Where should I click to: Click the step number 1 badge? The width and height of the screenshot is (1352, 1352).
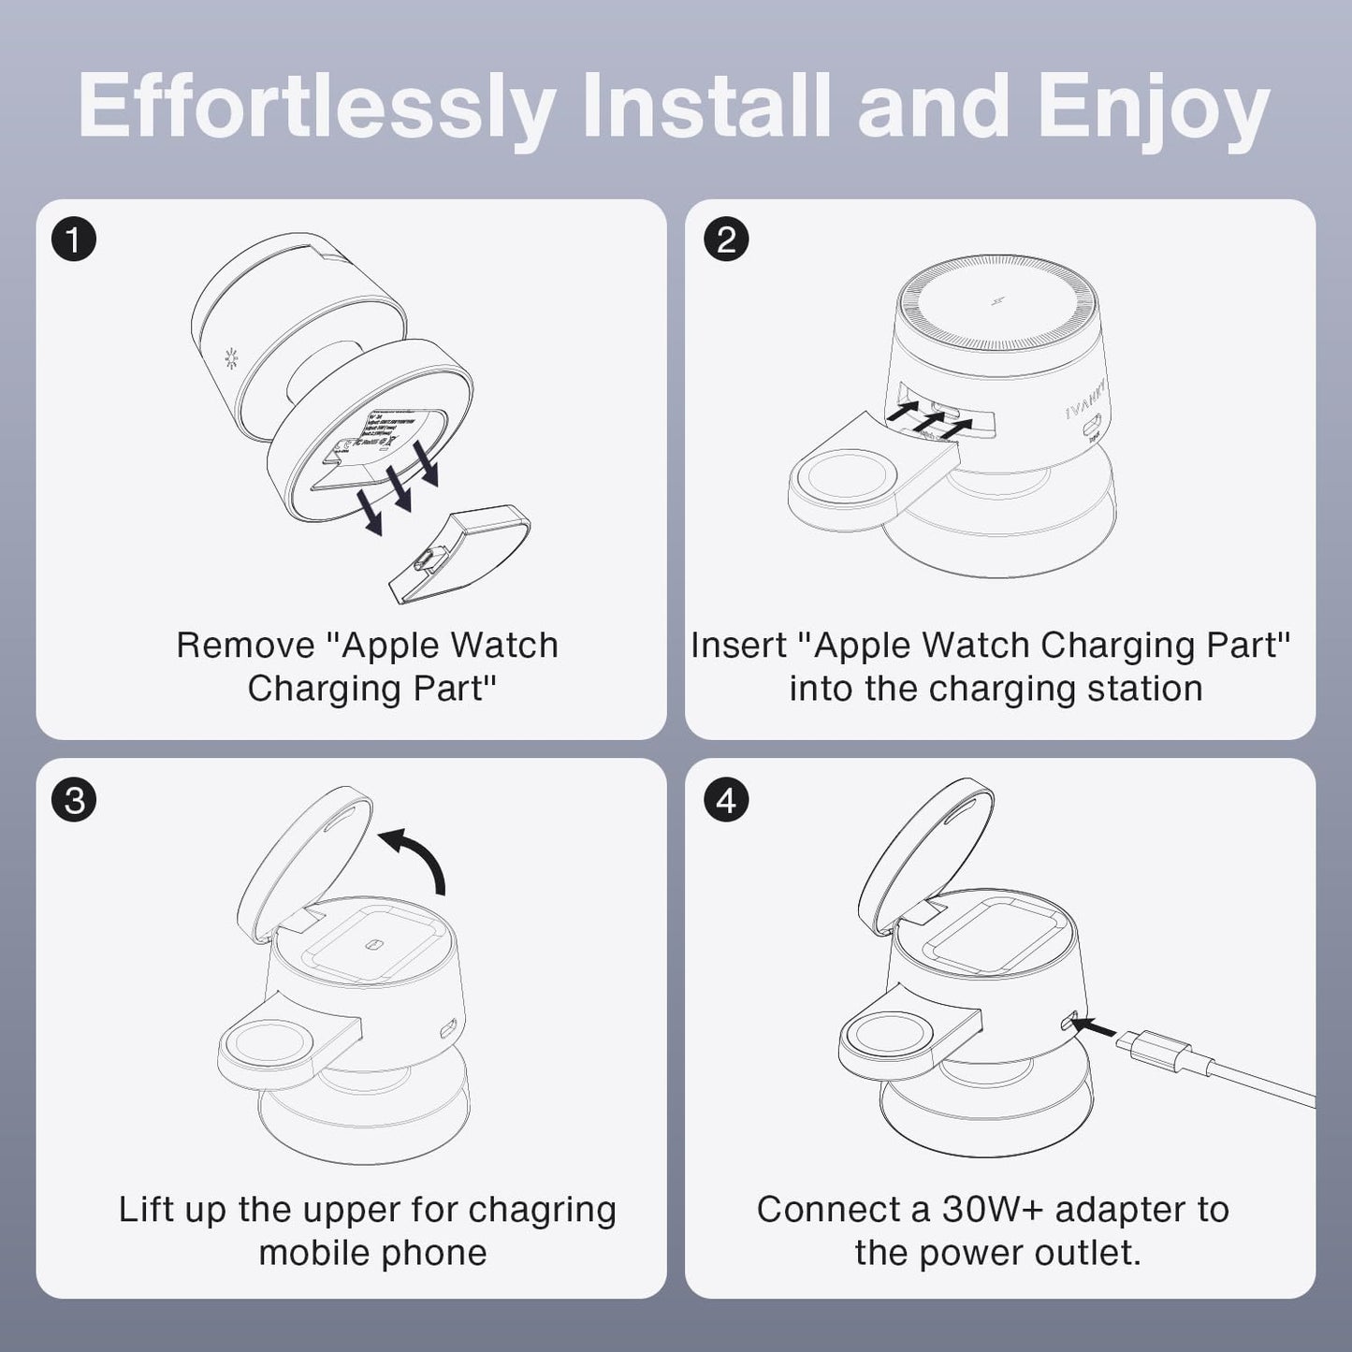(x=74, y=240)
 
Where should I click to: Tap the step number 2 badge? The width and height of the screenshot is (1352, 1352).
(x=726, y=240)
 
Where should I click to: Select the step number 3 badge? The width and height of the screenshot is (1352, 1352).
(x=74, y=801)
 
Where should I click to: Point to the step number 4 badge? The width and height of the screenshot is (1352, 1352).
(x=726, y=801)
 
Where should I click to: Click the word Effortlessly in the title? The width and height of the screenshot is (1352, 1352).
(x=316, y=107)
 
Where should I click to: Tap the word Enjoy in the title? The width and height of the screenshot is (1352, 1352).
(x=1153, y=107)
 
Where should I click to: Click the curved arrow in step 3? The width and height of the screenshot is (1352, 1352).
(x=417, y=857)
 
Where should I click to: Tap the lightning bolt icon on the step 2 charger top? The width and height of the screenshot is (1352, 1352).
(x=997, y=301)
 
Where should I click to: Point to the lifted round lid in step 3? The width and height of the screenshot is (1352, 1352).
(x=304, y=857)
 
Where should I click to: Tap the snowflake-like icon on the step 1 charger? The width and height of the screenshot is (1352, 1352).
(x=230, y=357)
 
